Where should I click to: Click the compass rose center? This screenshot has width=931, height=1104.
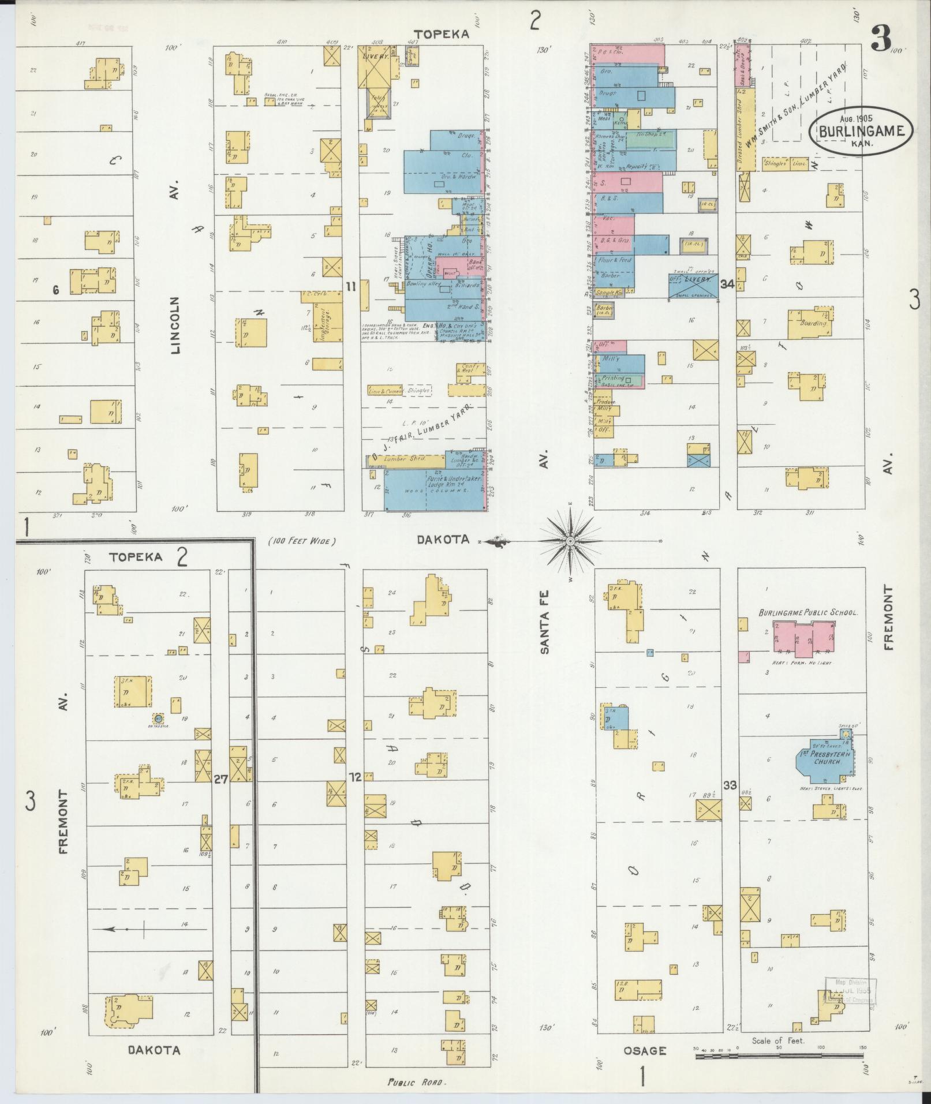point(570,541)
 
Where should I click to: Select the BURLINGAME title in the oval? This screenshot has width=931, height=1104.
point(863,132)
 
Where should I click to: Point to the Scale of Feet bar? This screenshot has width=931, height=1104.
point(779,1056)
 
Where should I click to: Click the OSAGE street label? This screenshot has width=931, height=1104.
point(644,1050)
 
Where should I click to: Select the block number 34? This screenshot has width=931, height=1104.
point(727,284)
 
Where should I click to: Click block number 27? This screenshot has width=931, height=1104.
point(220,779)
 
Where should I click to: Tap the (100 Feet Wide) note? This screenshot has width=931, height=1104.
point(302,541)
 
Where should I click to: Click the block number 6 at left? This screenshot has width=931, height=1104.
point(56,290)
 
